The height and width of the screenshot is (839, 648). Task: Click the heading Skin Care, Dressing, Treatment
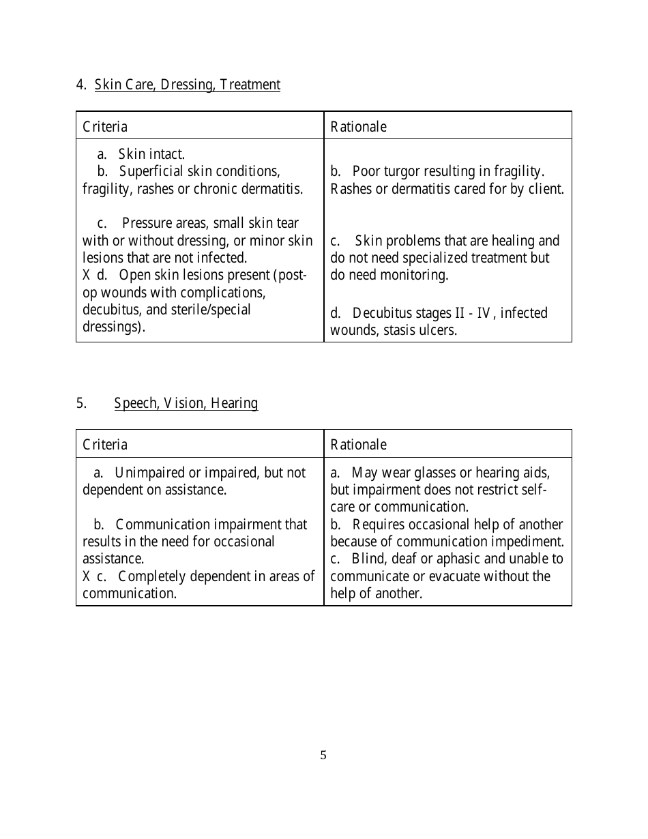(x=187, y=85)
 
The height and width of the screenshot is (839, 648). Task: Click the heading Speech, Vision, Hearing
(x=186, y=403)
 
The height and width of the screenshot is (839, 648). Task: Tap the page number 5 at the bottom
(x=323, y=755)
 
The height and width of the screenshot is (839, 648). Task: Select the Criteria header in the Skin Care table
(x=105, y=127)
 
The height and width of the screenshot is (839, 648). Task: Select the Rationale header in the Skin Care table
(x=358, y=127)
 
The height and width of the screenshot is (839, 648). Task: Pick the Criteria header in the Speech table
(x=105, y=445)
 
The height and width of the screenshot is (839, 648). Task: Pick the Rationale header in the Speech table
(x=358, y=445)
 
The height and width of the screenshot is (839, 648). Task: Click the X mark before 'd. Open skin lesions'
(x=87, y=276)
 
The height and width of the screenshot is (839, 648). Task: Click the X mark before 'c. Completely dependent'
(x=87, y=576)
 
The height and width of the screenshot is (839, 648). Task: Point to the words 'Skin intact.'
(x=151, y=155)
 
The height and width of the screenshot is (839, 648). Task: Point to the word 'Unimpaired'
(x=147, y=473)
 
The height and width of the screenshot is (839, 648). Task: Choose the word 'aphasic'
(x=457, y=559)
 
